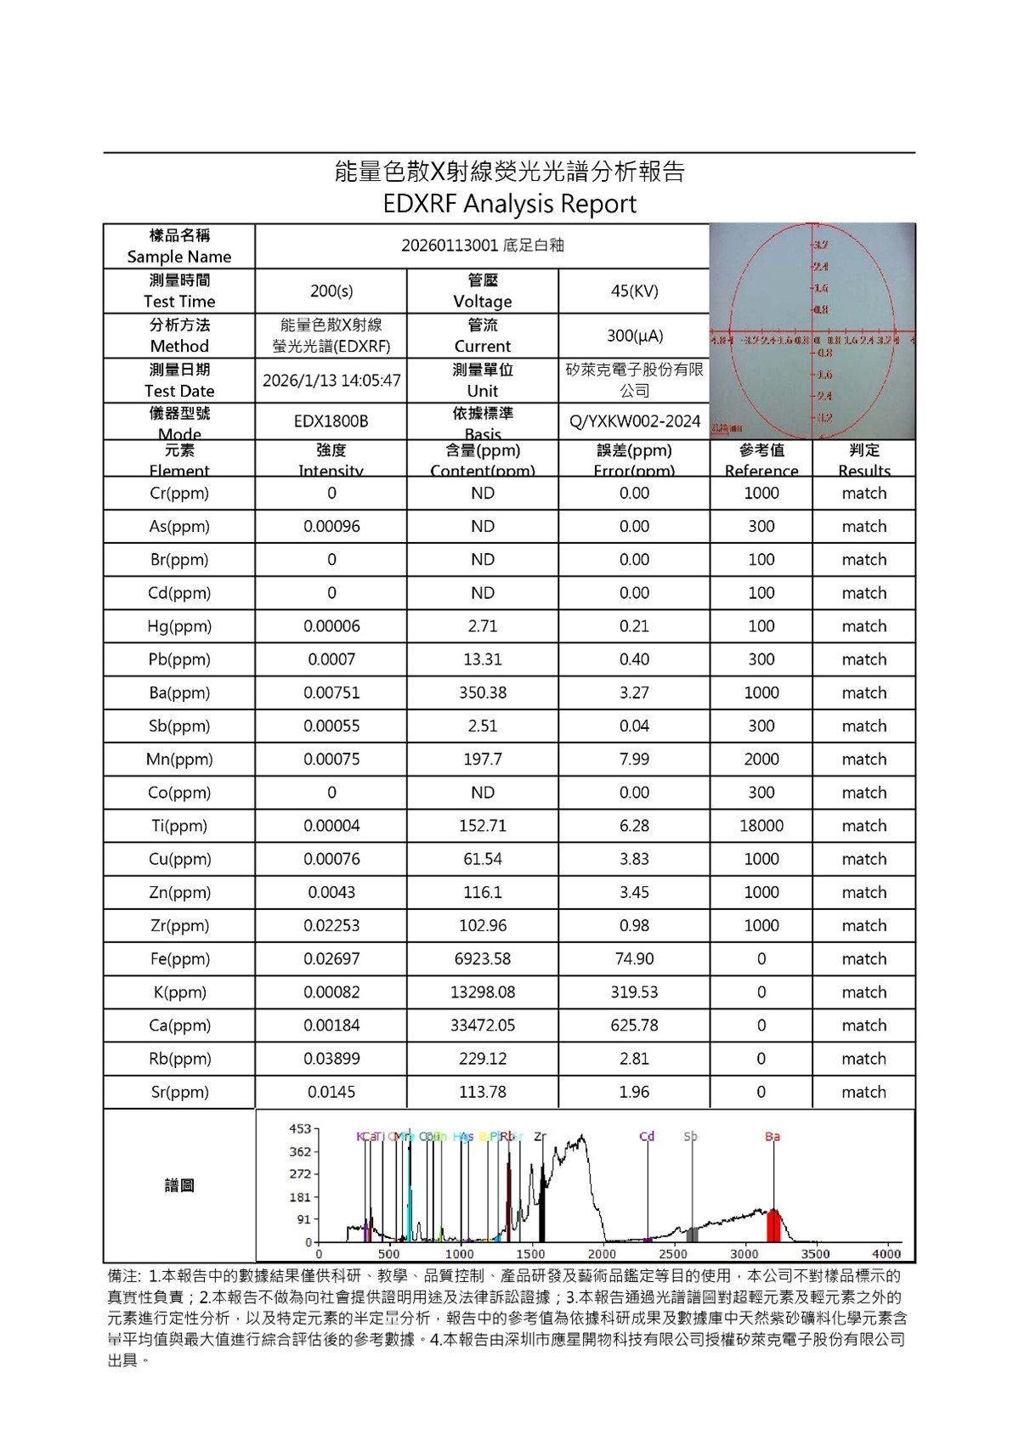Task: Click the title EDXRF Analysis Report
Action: [x=509, y=204]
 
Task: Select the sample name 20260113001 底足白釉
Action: [x=483, y=246]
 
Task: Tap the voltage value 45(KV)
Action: [x=634, y=291]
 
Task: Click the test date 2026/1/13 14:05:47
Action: [x=331, y=381]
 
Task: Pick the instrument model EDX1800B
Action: [x=331, y=421]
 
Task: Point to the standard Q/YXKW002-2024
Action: [x=634, y=421]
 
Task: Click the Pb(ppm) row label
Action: [x=179, y=659]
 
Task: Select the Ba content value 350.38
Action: [x=483, y=692]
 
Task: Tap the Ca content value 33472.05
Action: [x=483, y=1026]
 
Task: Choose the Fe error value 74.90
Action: [x=634, y=959]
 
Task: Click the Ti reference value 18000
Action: [x=761, y=826]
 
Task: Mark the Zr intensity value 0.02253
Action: [x=331, y=926]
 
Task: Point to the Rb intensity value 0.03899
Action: [x=331, y=1059]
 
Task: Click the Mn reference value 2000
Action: [x=761, y=760]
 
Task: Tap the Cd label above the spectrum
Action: [x=647, y=1136]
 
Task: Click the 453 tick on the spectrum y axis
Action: [x=300, y=1129]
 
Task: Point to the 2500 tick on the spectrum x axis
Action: [x=673, y=1254]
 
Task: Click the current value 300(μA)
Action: [x=634, y=336]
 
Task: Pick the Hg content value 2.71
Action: [x=483, y=626]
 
